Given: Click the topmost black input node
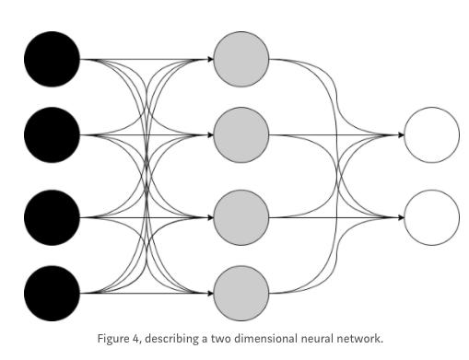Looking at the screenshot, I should point(53,60).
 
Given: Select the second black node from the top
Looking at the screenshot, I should point(53,135).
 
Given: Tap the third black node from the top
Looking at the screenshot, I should point(53,217).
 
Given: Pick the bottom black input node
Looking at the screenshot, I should point(53,293).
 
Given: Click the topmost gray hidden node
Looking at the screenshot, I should point(240,60).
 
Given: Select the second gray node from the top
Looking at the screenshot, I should point(240,135).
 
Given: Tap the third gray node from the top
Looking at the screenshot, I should point(240,217).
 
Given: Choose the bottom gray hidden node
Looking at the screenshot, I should point(240,293).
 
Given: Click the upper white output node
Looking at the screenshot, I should point(431,135).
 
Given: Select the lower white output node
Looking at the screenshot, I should point(431,217).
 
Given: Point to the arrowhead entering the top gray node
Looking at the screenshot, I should point(208,61).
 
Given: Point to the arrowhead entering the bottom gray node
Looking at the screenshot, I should point(208,294).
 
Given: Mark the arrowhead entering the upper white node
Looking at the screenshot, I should point(400,135).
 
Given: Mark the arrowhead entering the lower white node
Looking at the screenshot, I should point(400,218).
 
